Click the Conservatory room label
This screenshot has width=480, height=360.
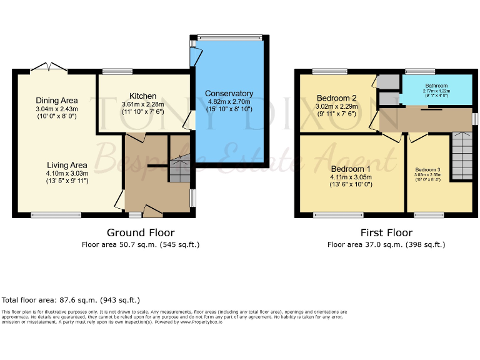pos(229,94)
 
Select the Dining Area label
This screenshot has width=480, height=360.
pos(56,101)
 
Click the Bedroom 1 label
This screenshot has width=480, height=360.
pos(350,169)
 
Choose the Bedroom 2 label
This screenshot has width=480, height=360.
pos(336,98)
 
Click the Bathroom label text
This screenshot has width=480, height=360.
pos(436,86)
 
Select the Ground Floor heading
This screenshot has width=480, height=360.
pos(140,232)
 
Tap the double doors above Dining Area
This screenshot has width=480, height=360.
pos(48,66)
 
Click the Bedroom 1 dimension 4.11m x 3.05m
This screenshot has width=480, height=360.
pos(351,177)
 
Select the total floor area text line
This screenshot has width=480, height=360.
pos(71,300)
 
